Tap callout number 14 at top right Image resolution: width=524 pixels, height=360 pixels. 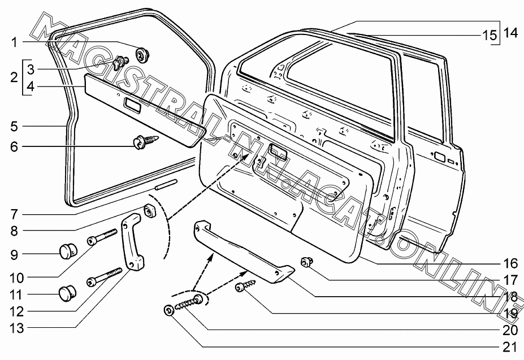click(510, 33)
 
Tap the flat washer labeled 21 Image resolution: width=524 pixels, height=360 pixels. click(168, 311)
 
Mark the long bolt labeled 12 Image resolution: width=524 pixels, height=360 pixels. click(105, 275)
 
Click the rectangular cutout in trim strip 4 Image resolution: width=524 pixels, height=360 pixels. click(132, 103)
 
